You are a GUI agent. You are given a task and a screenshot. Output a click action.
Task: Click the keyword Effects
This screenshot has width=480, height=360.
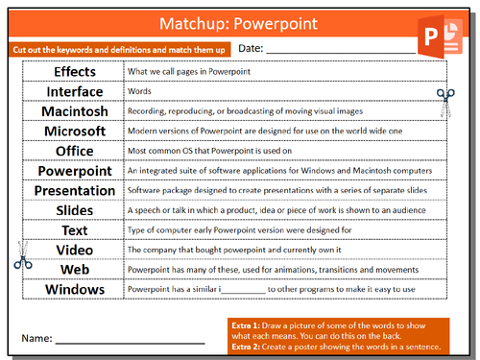pos(74,72)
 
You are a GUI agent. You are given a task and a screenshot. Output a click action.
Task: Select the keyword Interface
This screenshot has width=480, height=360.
pos(74,92)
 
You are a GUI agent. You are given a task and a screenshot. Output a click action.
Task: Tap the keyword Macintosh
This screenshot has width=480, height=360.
pos(74,111)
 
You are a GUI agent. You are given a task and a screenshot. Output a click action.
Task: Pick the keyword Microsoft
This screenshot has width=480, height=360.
pos(74,132)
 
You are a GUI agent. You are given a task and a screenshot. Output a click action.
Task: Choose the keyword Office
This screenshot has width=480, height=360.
pos(74,151)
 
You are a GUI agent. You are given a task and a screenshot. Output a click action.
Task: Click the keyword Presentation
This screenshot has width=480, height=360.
pos(74,191)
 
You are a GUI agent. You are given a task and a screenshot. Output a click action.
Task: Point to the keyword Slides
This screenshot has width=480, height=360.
pos(74,210)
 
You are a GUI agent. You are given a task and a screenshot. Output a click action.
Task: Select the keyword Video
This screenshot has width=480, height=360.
pos(74,250)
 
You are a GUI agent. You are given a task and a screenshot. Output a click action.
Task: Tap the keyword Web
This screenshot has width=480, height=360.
pos(74,270)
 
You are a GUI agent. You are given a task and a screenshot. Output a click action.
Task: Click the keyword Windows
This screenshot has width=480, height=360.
pos(74,289)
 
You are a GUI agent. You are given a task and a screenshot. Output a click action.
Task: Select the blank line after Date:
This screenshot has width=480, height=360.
pos(326,51)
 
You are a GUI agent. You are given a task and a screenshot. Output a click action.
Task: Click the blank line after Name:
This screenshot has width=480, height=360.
pos(129,340)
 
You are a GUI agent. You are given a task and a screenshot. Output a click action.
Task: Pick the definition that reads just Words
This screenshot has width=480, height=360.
pos(139,92)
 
